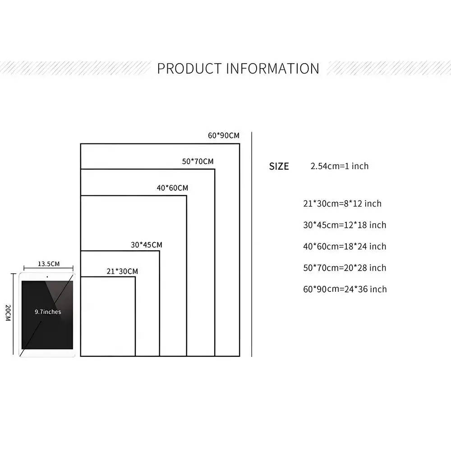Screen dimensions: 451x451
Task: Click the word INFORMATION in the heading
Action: click(273, 69)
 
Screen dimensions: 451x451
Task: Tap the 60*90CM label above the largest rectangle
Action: click(224, 135)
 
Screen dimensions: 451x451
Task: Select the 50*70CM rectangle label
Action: click(198, 161)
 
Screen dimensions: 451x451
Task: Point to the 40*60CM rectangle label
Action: click(172, 188)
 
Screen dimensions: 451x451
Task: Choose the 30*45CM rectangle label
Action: click(147, 245)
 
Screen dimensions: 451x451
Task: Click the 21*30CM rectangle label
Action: click(122, 271)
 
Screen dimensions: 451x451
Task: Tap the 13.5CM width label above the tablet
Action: click(49, 264)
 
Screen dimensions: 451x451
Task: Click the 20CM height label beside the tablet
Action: click(8, 313)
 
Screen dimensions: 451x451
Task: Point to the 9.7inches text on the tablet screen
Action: click(48, 312)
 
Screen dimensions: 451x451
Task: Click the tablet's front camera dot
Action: click(47, 277)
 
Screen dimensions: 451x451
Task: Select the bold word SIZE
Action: click(279, 166)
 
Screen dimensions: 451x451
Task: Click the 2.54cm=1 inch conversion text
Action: click(340, 166)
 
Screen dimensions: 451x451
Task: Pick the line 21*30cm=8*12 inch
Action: click(342, 204)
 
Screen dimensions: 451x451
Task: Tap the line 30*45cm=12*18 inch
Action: click(345, 225)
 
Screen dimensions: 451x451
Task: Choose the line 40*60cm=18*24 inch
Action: click(345, 247)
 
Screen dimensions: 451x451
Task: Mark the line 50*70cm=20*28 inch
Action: click(345, 268)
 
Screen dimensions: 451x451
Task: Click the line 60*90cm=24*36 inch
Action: click(345, 289)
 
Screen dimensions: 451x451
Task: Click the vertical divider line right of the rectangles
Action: click(252, 244)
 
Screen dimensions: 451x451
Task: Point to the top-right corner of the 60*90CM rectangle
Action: click(239, 143)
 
